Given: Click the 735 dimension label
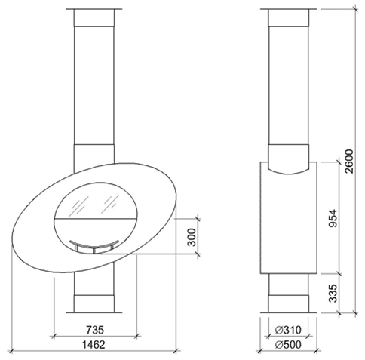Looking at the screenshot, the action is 95,330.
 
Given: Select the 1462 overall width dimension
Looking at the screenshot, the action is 94,345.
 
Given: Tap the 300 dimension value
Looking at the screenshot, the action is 192,237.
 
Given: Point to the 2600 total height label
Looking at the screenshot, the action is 349,162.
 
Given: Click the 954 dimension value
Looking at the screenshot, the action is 333,218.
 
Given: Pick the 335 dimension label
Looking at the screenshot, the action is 333,293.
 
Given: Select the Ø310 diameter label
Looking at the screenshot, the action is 288,330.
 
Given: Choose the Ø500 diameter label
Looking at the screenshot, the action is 288,345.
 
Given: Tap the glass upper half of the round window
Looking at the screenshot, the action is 96,201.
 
